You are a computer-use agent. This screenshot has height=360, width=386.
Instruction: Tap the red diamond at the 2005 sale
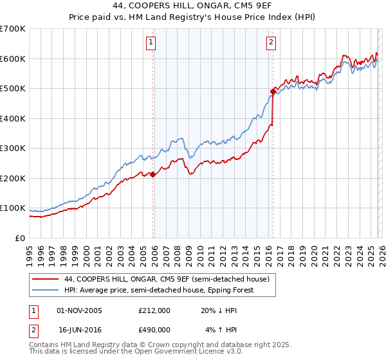152,174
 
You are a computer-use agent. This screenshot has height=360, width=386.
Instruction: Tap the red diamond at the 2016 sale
273,92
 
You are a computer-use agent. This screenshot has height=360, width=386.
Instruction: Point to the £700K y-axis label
13,29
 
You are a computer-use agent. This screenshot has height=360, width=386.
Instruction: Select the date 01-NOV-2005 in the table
80,310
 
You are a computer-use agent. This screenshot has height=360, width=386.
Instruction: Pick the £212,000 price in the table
154,310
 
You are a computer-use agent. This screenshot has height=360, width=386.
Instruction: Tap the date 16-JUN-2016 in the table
80,329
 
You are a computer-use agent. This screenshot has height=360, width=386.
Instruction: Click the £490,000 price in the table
154,329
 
